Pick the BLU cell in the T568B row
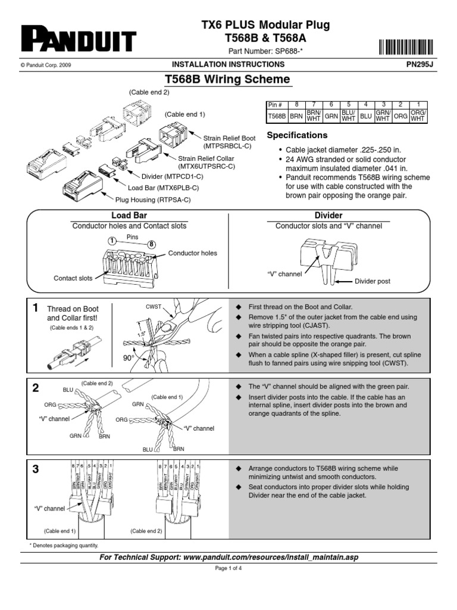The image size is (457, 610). point(366,117)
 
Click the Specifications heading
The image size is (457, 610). point(297,135)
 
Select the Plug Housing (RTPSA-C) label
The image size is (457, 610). point(152,200)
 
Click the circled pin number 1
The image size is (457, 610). point(111,241)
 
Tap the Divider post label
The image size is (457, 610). point(373,281)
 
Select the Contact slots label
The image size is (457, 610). point(73,278)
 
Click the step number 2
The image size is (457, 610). point(36,388)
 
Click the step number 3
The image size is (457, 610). point(36,469)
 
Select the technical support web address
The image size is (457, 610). point(271,557)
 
